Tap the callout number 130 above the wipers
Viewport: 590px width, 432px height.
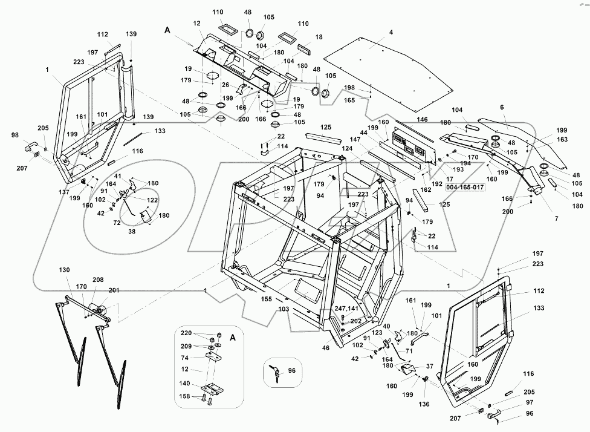click(x=65, y=270)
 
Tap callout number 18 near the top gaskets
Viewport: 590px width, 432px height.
click(x=319, y=37)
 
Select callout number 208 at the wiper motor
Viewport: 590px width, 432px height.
click(x=98, y=280)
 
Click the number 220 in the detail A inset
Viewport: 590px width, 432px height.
click(x=187, y=333)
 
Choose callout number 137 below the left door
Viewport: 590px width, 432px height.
click(x=64, y=192)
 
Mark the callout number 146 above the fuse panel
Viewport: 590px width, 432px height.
click(x=422, y=120)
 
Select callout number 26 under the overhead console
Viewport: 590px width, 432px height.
click(x=224, y=85)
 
